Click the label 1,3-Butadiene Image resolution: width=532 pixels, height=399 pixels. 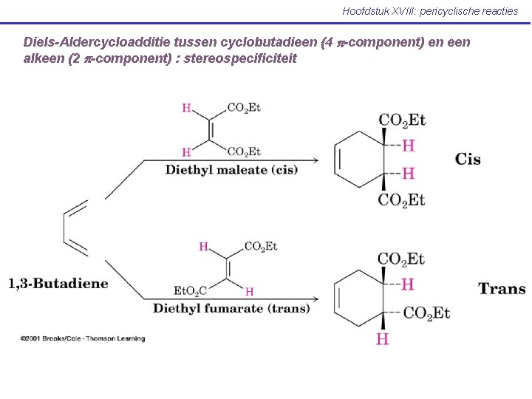(x=58, y=284)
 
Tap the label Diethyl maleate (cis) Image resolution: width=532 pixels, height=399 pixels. (x=231, y=170)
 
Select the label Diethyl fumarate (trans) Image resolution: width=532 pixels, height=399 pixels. (x=231, y=308)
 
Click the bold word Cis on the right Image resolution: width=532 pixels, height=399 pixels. (x=468, y=159)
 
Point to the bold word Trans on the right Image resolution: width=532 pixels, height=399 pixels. (x=502, y=289)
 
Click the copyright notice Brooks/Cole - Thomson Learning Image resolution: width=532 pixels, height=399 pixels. (x=83, y=338)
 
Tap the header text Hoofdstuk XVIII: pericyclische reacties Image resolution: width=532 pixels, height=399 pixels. (x=430, y=11)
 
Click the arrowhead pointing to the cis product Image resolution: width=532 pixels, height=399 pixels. (x=316, y=160)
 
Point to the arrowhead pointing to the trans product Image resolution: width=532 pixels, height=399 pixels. (x=316, y=299)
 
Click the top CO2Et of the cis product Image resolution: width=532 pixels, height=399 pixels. (x=402, y=120)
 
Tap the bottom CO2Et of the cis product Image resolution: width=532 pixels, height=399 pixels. (x=402, y=199)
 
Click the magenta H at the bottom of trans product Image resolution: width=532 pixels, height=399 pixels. (x=382, y=339)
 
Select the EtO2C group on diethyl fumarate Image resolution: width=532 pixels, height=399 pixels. (x=190, y=291)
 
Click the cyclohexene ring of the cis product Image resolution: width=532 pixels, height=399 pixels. (x=360, y=159)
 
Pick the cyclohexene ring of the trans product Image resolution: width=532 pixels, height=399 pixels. (x=360, y=298)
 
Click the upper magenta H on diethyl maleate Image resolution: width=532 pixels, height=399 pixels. (x=187, y=109)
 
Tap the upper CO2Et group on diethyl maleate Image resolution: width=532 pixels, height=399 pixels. (x=244, y=108)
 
